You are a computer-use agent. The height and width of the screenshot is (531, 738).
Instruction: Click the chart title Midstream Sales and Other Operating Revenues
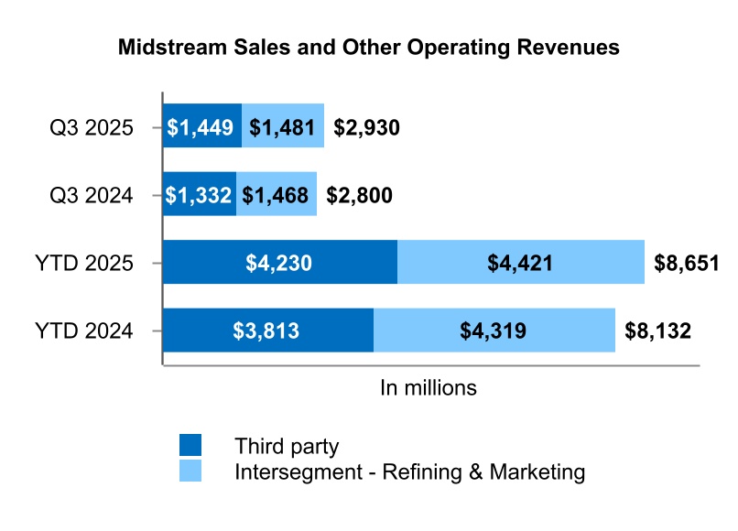click(369, 48)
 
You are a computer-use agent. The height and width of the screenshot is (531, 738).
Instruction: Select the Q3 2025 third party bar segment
click(201, 126)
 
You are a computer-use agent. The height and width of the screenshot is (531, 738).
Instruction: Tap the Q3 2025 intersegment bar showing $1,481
click(283, 126)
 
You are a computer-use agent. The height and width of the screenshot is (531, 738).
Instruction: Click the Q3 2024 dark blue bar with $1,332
click(199, 194)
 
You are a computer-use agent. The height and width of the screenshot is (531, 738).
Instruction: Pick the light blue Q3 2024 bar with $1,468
click(277, 194)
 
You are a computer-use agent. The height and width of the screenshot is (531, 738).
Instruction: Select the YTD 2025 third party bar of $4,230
click(279, 263)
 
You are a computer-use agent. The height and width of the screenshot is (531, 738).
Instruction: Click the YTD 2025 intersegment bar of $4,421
click(521, 263)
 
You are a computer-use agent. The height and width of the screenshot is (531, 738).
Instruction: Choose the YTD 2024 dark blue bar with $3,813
click(267, 331)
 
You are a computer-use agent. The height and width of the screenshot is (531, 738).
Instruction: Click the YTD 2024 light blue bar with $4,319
click(494, 331)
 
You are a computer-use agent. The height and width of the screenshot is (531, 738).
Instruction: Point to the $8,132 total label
click(657, 331)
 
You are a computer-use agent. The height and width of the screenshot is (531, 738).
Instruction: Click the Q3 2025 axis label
click(92, 127)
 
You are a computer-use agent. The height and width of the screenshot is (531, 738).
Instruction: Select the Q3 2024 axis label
click(92, 195)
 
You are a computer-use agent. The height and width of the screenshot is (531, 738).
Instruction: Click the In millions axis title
click(429, 387)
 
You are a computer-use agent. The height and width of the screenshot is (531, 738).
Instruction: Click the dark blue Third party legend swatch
click(190, 446)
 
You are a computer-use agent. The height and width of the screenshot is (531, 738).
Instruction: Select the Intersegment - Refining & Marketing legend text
click(409, 472)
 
